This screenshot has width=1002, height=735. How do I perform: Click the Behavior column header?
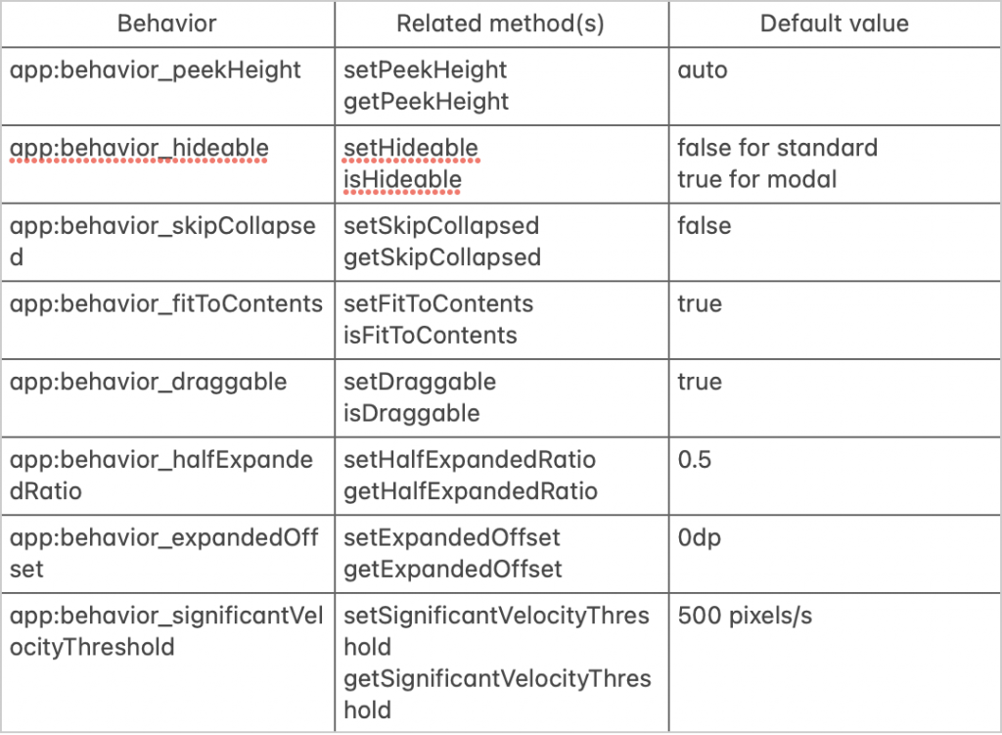point(167,23)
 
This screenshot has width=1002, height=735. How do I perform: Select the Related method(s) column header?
point(501,23)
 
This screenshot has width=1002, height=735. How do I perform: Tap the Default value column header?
point(835,23)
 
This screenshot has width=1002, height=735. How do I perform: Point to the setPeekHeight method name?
point(426,70)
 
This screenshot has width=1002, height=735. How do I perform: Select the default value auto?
point(703,70)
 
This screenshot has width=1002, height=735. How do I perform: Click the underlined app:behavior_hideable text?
point(139,148)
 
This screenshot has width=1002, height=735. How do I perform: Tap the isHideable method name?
point(402,179)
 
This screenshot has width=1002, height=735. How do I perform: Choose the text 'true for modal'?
point(757,179)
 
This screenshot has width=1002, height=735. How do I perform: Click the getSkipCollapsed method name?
point(442,257)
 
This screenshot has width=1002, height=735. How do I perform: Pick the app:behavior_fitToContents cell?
point(166,303)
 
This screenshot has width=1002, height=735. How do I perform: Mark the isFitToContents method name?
point(431,335)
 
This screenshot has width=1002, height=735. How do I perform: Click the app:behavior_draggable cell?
point(149,382)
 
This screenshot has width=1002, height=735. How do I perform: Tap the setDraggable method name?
point(420,382)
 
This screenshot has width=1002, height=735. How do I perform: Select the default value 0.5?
point(695,460)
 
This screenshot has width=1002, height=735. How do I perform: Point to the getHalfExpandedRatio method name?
point(471,491)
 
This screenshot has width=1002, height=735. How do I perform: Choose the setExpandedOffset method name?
point(452,538)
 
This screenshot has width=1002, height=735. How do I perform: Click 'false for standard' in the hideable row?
point(777,148)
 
